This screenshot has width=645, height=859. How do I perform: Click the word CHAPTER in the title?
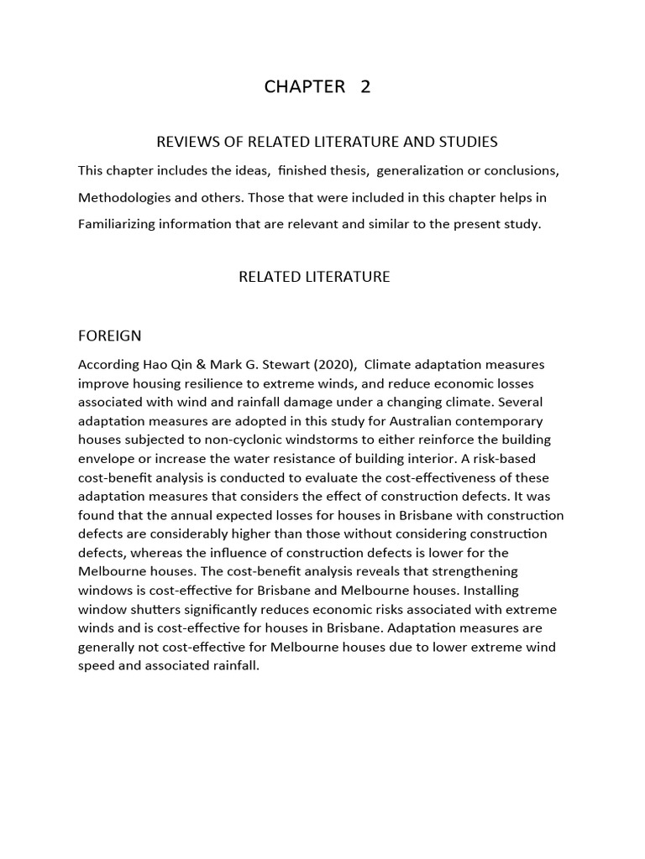click(x=304, y=86)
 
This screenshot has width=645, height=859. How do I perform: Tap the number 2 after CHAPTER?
click(x=365, y=86)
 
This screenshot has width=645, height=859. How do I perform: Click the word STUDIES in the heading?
click(x=469, y=141)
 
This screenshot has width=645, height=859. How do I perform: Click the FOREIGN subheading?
click(x=109, y=336)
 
